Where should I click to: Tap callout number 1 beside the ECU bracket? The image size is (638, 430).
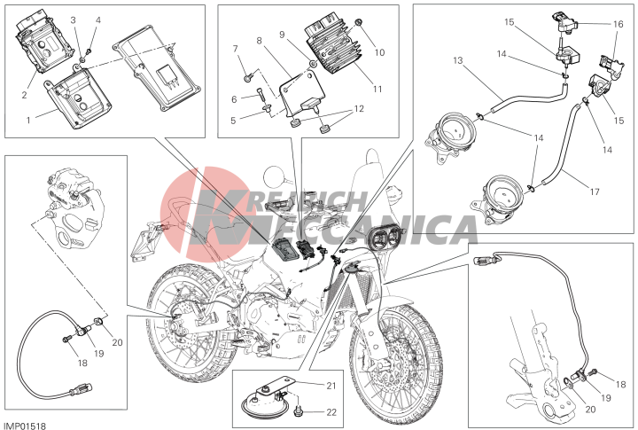point(28,120)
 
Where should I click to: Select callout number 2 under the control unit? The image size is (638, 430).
point(25,95)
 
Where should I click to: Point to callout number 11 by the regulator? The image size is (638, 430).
point(377,89)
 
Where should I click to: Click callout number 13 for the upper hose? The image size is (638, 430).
point(458,60)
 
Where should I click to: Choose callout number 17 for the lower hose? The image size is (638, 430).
point(595,191)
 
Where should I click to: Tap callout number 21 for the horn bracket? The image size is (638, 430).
point(331,385)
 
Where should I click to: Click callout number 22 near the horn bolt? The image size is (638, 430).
point(331,412)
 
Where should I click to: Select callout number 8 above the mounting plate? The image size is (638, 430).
point(259,40)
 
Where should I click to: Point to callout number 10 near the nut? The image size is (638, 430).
point(379,52)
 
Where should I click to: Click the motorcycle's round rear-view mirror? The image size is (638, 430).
point(274,176)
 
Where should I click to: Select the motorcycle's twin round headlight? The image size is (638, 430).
point(385,238)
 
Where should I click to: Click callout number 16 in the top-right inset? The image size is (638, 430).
point(619,24)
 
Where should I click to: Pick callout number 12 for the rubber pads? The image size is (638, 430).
point(359,109)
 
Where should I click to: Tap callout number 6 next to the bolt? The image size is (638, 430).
point(234,99)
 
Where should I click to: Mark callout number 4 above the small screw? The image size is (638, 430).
point(98,20)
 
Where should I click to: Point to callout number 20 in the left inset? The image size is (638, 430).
point(117,342)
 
